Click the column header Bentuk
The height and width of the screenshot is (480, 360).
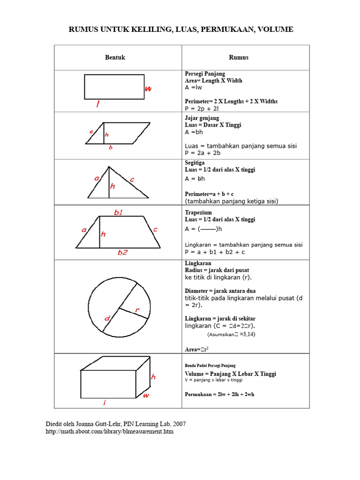(115, 58)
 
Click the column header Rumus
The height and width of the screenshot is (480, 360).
(239, 58)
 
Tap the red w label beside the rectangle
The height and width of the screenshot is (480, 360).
(148, 88)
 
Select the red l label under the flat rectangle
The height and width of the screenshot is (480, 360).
(98, 105)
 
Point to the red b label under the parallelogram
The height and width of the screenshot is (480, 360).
(111, 148)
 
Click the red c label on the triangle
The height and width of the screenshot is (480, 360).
(132, 180)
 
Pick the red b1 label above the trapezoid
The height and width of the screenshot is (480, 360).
(119, 212)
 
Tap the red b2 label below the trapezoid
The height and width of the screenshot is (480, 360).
(122, 252)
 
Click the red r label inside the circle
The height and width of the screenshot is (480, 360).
(137, 310)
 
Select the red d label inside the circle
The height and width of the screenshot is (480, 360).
(107, 319)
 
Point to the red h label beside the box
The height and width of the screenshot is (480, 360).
(153, 377)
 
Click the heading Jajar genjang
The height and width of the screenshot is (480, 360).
(202, 118)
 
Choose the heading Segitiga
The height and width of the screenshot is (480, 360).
(195, 163)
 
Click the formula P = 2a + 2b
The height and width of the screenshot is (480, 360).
(202, 153)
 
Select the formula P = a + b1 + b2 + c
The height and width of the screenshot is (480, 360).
(215, 252)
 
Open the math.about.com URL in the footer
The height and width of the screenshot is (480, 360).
(109, 431)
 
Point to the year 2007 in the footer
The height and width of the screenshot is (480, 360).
(179, 424)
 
